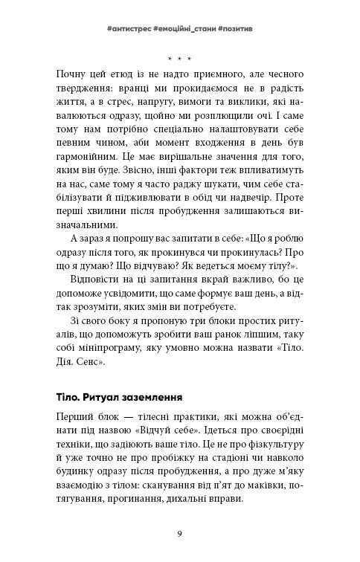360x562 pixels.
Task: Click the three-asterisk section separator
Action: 179,57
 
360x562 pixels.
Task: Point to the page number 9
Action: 180,532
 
